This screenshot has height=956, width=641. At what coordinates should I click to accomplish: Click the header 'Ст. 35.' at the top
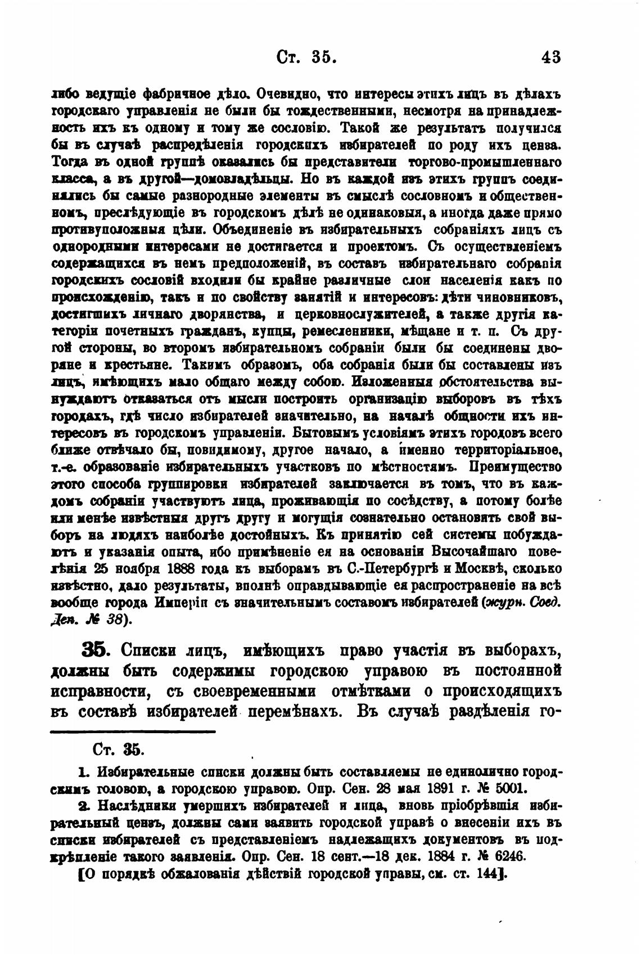(x=307, y=57)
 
